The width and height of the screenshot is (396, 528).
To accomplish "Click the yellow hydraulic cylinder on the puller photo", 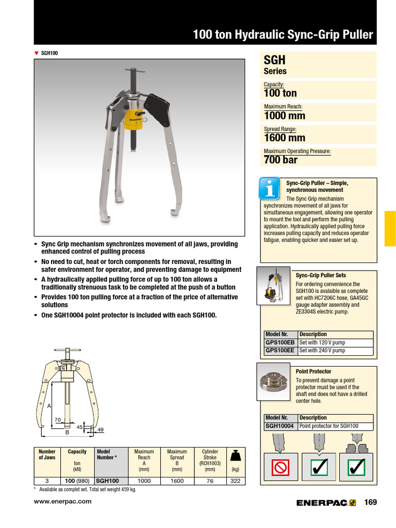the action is (x=133, y=118).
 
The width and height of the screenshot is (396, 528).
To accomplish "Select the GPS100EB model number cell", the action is (x=280, y=342).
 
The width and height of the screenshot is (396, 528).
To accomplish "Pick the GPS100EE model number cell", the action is (x=280, y=351).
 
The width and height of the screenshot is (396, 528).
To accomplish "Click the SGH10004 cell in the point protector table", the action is (x=279, y=426).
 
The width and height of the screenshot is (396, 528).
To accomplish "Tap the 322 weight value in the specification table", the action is (x=236, y=480).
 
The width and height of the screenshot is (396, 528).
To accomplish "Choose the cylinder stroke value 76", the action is (x=209, y=480).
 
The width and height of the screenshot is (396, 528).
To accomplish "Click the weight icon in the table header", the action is (x=236, y=455).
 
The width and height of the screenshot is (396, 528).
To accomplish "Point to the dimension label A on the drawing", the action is (x=49, y=406).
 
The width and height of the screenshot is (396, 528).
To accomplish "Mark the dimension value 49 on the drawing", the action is (x=101, y=430).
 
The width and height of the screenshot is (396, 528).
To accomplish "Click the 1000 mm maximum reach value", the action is (x=281, y=115).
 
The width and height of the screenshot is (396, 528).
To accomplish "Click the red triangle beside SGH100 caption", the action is (x=36, y=53).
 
